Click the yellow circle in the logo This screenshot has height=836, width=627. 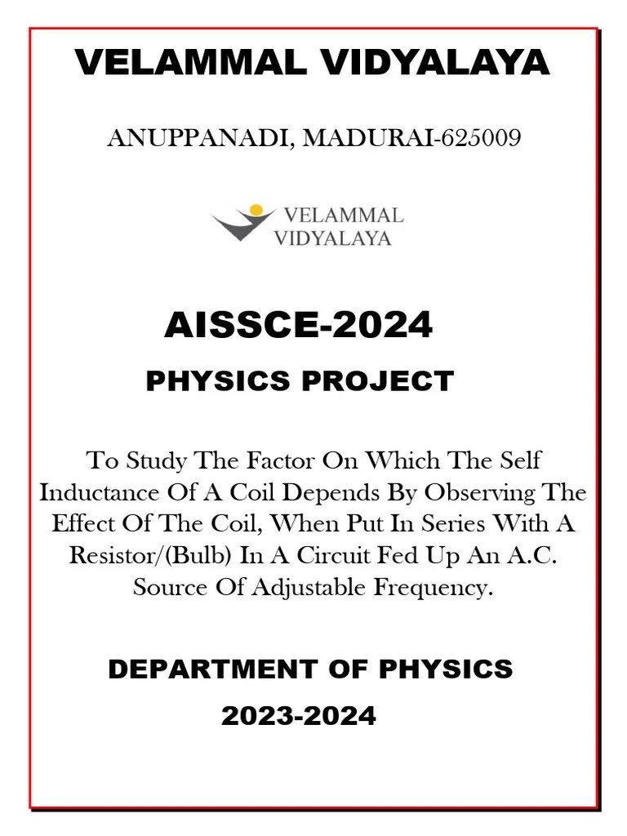(256, 211)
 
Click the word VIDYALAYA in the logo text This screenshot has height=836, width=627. (332, 238)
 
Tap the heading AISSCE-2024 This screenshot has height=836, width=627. (298, 326)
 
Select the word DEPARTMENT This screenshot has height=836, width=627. (207, 669)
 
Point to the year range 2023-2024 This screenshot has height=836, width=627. (299, 716)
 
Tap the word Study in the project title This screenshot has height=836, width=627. (157, 460)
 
